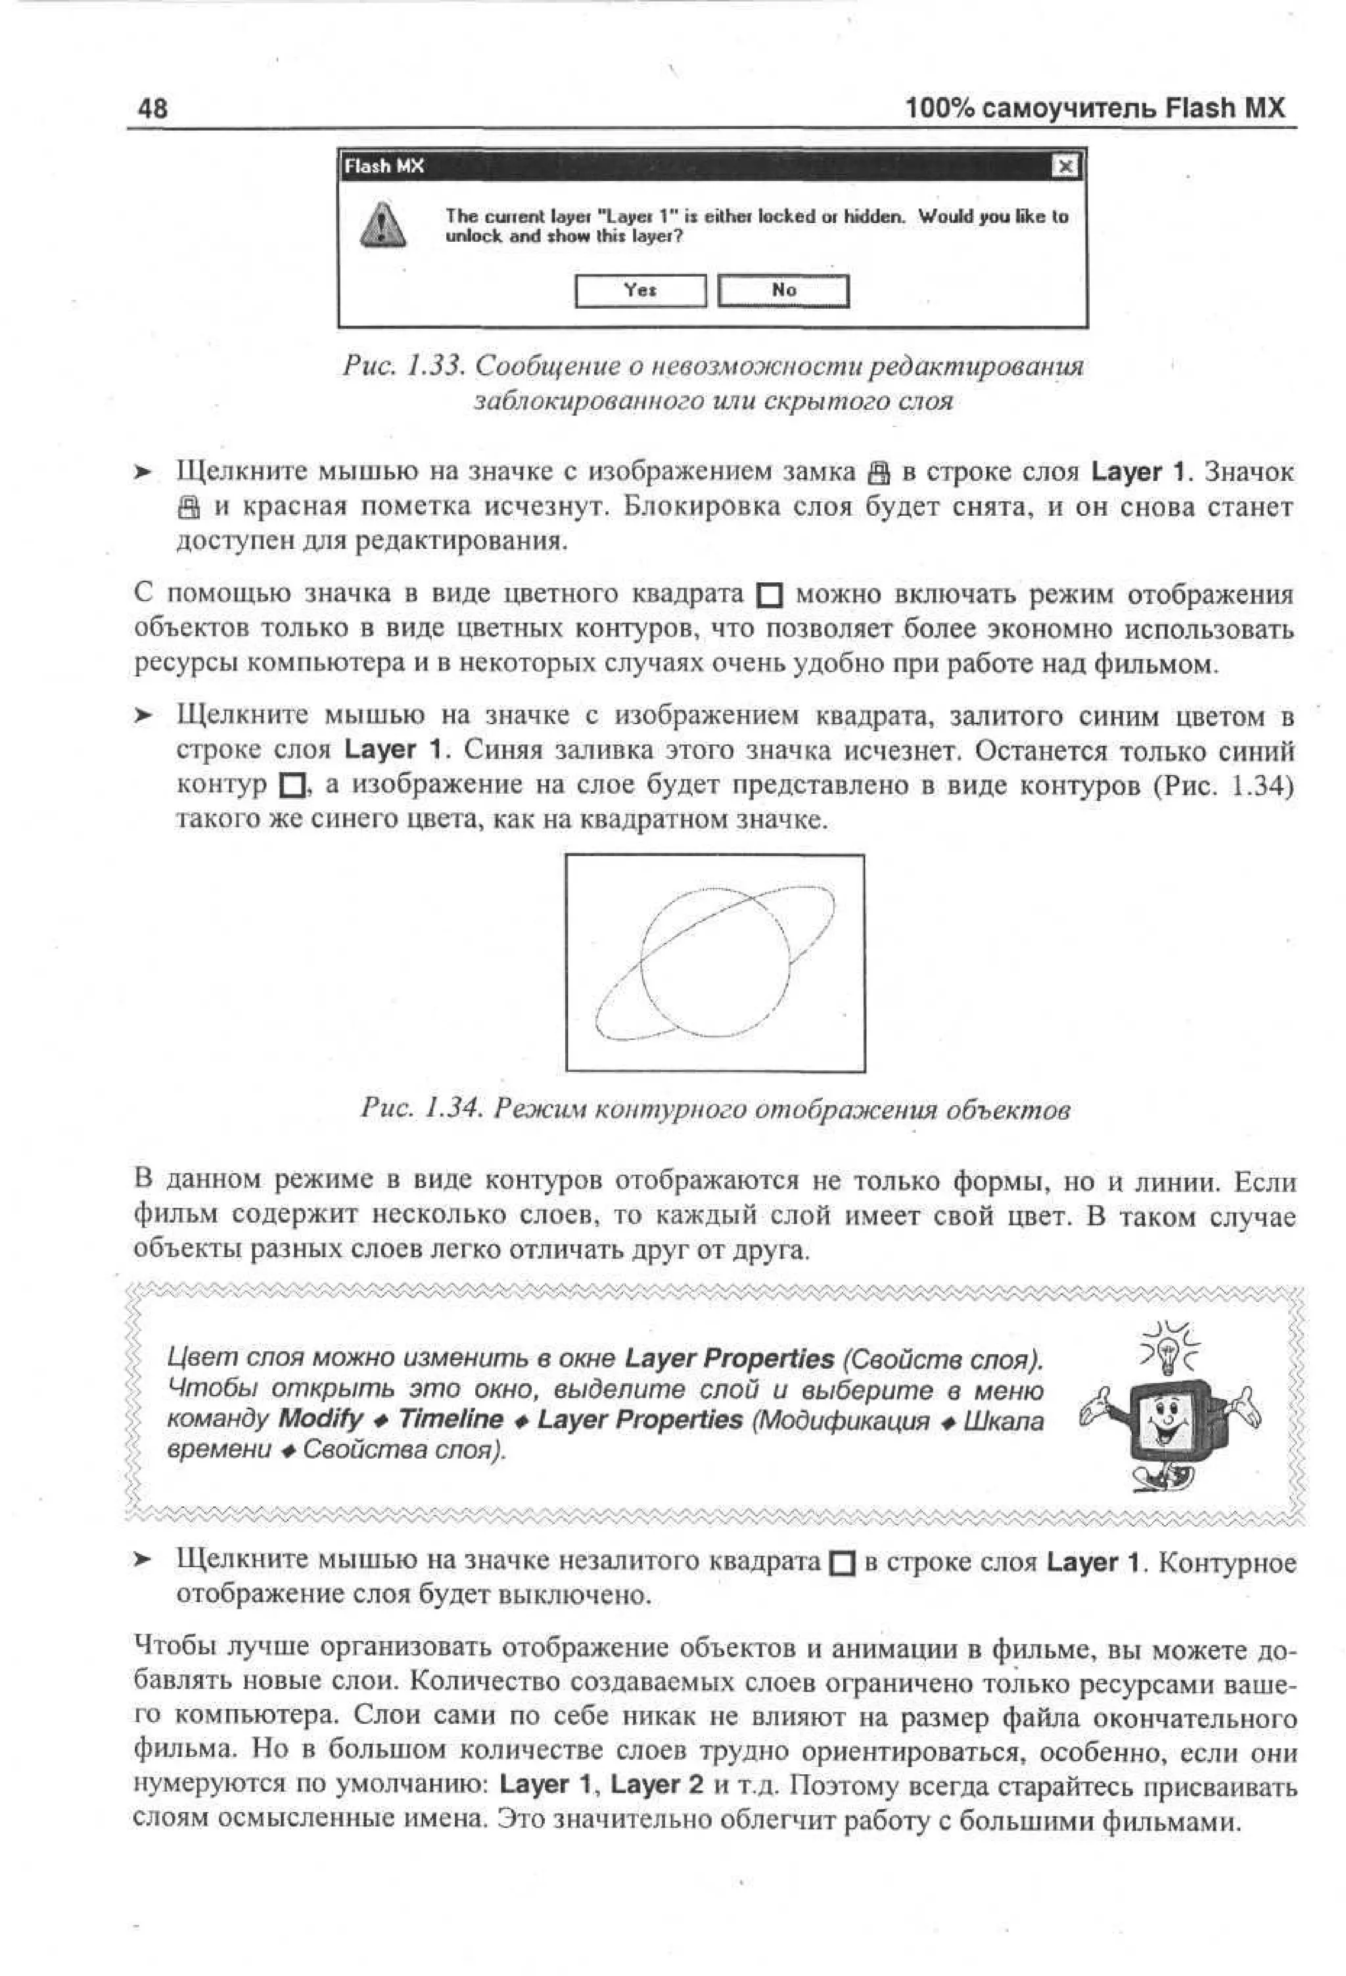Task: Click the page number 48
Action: (153, 109)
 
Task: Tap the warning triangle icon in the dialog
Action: (382, 226)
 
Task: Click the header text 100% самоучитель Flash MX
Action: (1094, 109)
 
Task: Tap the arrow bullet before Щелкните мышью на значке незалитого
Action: (144, 1559)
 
